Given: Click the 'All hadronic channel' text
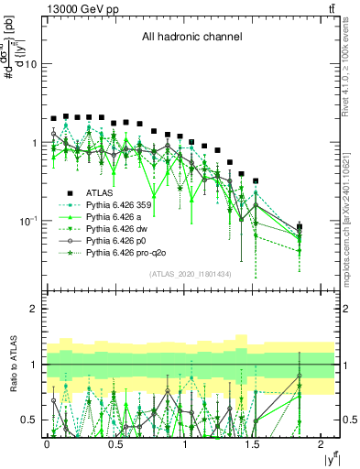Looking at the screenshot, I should (191, 38).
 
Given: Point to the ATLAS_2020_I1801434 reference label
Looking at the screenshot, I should (190, 275).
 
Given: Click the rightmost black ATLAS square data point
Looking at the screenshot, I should (300, 226).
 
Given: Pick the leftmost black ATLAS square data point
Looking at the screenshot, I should (54, 119).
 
